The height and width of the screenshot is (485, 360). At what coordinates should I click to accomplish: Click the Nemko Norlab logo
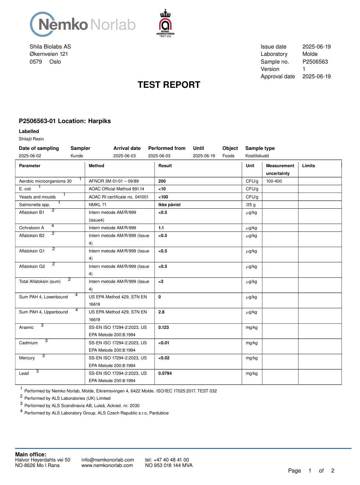[83, 25]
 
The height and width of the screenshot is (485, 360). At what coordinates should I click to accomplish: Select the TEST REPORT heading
[169, 85]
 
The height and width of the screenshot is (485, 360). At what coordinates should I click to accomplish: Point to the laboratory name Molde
[310, 54]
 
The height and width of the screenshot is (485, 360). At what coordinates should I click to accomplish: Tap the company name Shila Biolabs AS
[50, 47]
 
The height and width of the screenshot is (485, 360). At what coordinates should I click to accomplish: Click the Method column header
[96, 166]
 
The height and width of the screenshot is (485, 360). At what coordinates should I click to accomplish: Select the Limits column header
[309, 166]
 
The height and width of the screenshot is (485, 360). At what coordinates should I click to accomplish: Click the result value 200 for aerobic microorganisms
[162, 181]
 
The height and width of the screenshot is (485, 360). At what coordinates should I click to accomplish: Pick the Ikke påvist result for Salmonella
[169, 205]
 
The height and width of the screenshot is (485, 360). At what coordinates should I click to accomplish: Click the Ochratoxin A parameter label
[32, 228]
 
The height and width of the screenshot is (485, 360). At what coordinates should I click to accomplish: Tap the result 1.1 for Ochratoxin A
[161, 228]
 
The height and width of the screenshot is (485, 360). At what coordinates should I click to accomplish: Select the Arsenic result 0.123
[163, 327]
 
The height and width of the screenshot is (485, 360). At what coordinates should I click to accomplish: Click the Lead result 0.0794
[165, 373]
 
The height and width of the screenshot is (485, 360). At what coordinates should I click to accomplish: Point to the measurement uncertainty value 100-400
[274, 181]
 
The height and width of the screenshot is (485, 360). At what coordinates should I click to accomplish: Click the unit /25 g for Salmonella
[251, 205]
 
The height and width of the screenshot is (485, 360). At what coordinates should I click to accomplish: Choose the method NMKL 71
[97, 205]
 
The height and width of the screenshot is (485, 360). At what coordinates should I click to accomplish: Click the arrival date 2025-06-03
[125, 156]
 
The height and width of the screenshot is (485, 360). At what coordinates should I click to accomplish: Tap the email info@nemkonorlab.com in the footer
[108, 460]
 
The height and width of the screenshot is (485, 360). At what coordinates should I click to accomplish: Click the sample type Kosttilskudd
[257, 156]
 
